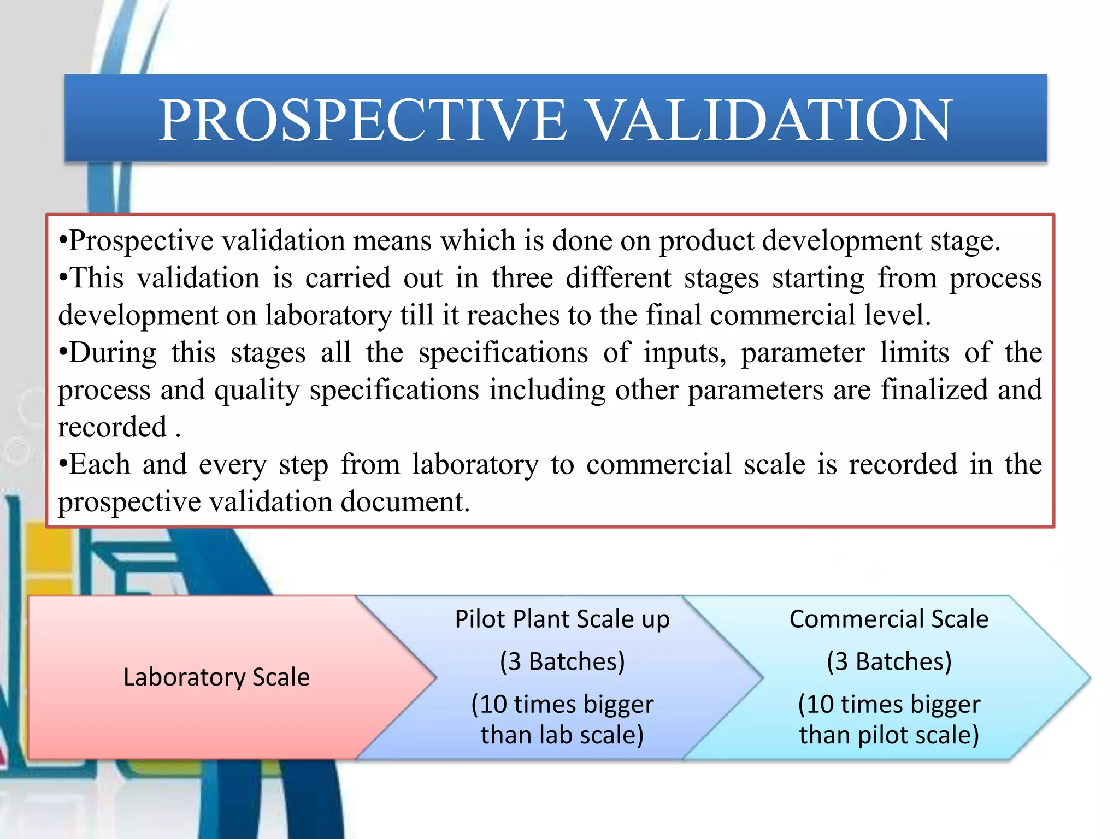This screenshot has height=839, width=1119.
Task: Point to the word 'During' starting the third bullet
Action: (x=113, y=352)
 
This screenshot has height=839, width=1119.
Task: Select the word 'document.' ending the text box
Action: (x=405, y=501)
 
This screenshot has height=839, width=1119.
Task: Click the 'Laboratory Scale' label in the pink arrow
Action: (x=216, y=677)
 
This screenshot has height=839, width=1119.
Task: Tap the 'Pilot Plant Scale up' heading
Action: (x=562, y=619)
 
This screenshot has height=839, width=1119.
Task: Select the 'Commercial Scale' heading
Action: (x=889, y=619)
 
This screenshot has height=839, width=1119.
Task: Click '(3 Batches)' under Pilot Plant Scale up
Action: (x=562, y=661)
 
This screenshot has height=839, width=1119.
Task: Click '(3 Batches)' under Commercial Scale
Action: (x=889, y=661)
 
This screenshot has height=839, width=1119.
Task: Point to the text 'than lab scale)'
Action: (x=562, y=735)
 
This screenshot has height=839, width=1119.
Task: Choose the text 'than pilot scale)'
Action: (x=889, y=735)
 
